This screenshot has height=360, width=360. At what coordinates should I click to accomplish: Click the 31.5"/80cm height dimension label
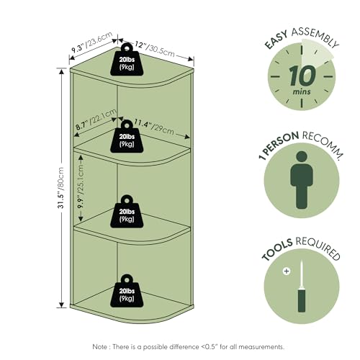61,188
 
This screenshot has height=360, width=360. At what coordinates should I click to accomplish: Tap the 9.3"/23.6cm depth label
92,42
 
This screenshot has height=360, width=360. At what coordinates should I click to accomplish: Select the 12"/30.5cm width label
155,49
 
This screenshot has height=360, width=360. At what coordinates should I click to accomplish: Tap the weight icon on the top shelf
127,60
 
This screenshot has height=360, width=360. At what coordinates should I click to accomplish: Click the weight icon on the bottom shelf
127,291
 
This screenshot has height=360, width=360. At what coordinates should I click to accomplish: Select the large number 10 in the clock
302,76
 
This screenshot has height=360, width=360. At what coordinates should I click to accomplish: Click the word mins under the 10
302,91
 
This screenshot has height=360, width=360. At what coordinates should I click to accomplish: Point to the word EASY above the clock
276,40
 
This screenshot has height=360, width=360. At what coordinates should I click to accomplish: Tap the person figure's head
302,157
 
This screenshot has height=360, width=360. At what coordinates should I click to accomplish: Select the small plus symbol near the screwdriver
287,271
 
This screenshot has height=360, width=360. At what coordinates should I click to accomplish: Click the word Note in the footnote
100,346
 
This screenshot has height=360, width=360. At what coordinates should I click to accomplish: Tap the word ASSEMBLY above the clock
315,37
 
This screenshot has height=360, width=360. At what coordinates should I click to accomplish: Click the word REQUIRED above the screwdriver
318,248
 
